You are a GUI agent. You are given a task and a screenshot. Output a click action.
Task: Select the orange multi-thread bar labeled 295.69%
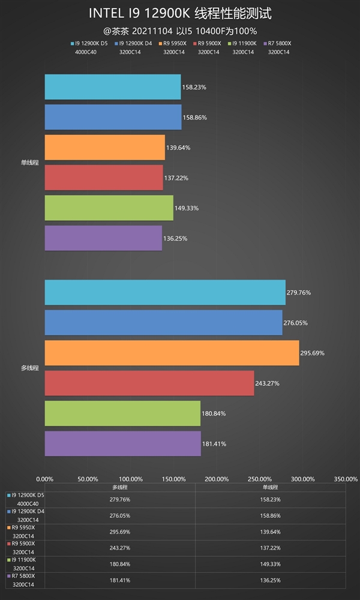pos(172,353)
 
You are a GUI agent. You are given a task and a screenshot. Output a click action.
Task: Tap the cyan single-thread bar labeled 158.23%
pos(112,87)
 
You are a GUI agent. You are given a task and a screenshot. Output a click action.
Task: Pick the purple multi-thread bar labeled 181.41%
pos(122,443)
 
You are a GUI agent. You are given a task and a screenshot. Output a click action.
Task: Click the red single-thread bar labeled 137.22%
pos(103,178)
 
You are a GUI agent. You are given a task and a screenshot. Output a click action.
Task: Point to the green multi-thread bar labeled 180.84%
pos(122,413)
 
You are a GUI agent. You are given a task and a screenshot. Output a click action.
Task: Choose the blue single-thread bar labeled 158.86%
pos(113,117)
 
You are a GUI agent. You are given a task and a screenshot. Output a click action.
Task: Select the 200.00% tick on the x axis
pos(217,479)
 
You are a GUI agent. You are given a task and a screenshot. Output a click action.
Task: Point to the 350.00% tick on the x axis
pos(346,479)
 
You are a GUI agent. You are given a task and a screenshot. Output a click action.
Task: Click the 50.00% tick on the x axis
pos(88,479)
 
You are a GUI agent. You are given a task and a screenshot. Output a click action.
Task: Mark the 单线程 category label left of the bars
pos(29,163)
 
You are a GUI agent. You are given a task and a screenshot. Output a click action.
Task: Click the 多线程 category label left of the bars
pos(29,368)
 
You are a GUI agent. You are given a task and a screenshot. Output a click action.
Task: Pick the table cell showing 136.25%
pos(270,580)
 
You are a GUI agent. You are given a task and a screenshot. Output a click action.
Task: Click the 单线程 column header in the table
pos(270,488)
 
